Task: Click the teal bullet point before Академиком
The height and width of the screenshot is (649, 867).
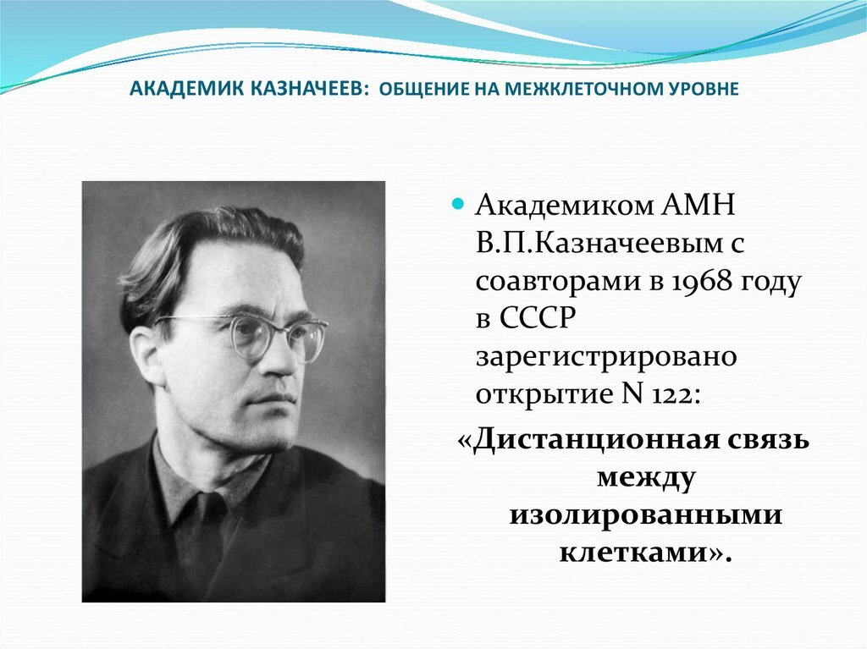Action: (457, 205)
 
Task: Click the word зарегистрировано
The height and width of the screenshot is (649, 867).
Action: (605, 357)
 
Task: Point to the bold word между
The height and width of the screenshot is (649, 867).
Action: (645, 478)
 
